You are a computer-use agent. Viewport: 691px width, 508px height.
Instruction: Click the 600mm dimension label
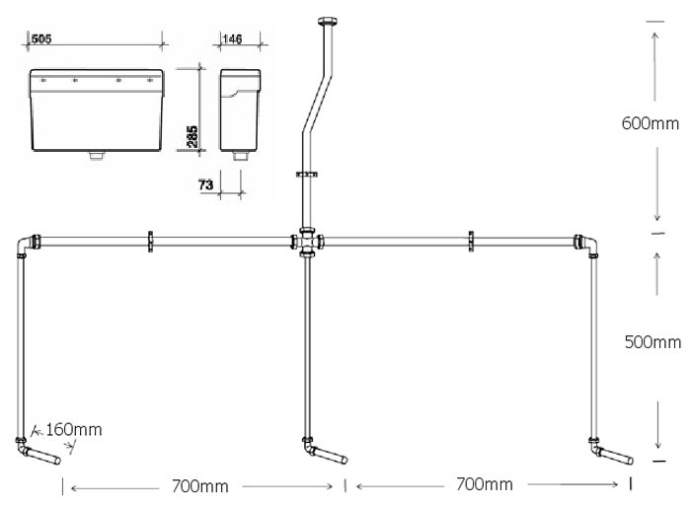pyautogui.click(x=651, y=123)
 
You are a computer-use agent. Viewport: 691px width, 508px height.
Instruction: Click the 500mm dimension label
pyautogui.click(x=653, y=342)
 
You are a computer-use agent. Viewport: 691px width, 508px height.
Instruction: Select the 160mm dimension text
pyautogui.click(x=73, y=430)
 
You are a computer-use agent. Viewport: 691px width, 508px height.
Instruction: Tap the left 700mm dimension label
pyautogui.click(x=199, y=485)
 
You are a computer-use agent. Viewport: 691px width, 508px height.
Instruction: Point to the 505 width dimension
pyautogui.click(x=42, y=39)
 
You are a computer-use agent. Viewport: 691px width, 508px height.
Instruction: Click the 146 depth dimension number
pyautogui.click(x=232, y=39)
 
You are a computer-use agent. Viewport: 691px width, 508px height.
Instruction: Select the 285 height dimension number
pyautogui.click(x=192, y=135)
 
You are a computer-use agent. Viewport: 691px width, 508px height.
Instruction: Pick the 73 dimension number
pyautogui.click(x=205, y=184)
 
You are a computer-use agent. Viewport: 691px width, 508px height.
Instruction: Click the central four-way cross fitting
pyautogui.click(x=308, y=241)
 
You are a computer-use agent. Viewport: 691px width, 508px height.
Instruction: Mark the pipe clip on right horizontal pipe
pyautogui.click(x=471, y=240)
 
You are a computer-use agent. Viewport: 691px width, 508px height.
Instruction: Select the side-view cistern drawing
pyautogui.click(x=238, y=109)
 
